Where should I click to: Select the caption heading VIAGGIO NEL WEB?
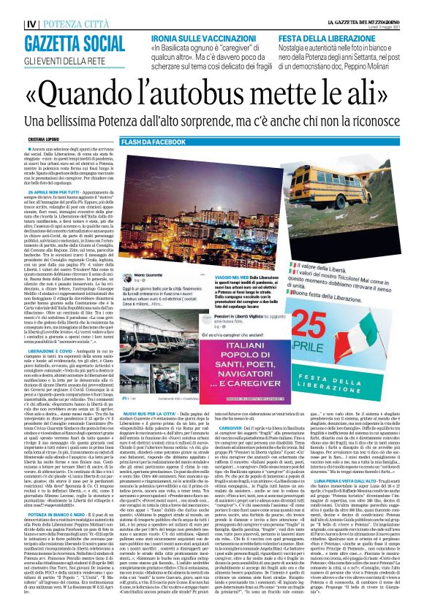(230, 277)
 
